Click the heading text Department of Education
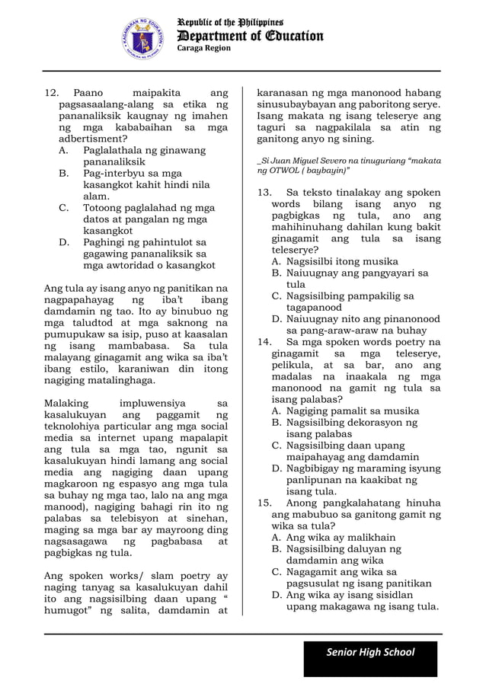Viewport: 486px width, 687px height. (250, 36)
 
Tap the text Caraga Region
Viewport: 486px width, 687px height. (204, 49)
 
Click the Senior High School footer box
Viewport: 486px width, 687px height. (370, 652)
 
